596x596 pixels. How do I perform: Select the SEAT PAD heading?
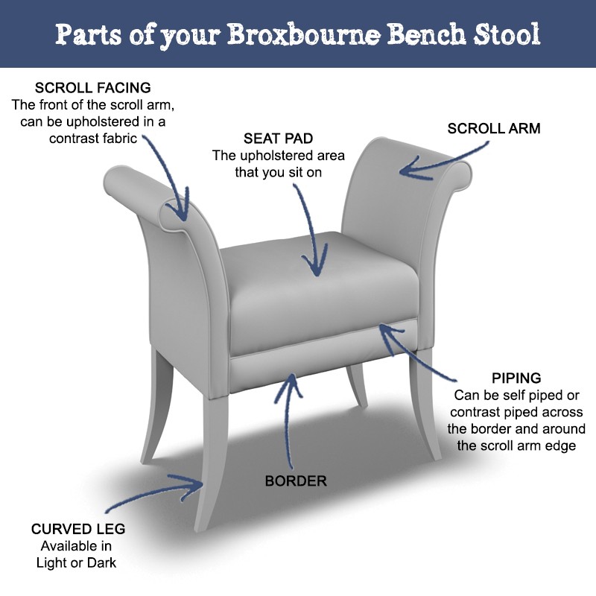click(x=277, y=139)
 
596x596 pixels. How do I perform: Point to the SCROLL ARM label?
click(x=493, y=128)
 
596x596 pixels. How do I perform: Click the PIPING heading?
click(x=516, y=378)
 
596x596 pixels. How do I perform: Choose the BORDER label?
click(x=296, y=481)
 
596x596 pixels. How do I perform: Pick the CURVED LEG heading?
click(x=78, y=529)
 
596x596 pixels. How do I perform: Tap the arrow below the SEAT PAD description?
click(x=313, y=231)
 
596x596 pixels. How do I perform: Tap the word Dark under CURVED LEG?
click(x=104, y=562)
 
